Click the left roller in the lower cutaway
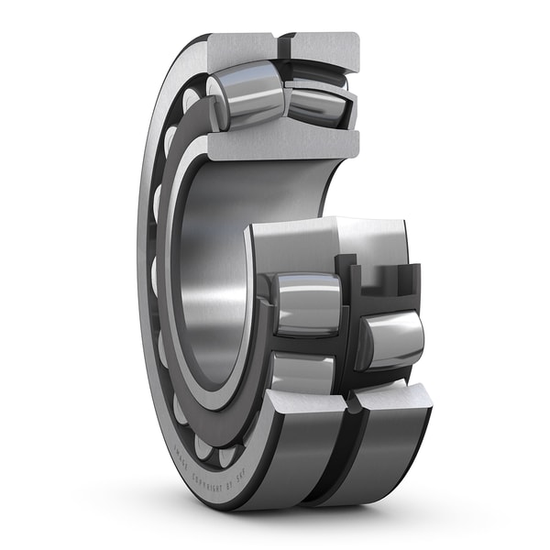coord(307,302)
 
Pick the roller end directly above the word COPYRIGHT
coord(213,448)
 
